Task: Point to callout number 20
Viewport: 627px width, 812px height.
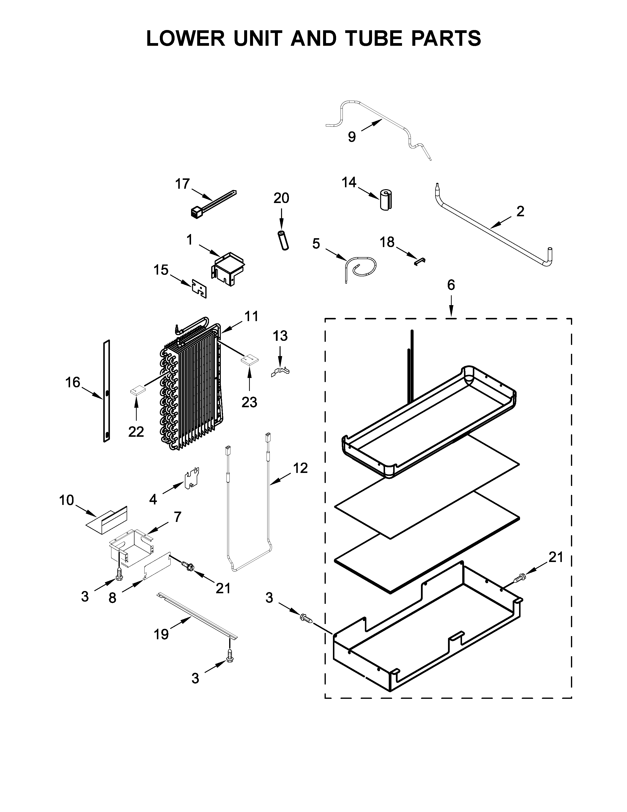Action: (281, 198)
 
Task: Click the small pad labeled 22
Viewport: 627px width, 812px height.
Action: (137, 391)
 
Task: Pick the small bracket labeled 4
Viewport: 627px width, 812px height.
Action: (192, 477)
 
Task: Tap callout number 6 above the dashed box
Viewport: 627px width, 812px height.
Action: (450, 285)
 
